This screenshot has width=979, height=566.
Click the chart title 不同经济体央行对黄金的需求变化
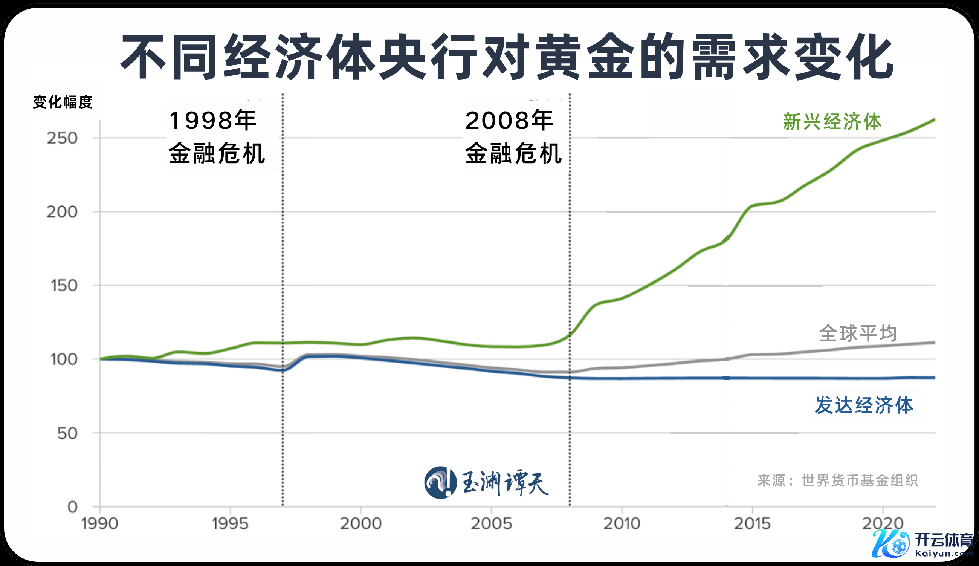pyautogui.click(x=507, y=57)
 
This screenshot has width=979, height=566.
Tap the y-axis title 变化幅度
pyautogui.click(x=63, y=102)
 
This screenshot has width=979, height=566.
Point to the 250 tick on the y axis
pyautogui.click(x=62, y=138)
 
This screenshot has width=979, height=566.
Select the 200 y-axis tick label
pyautogui.click(x=62, y=212)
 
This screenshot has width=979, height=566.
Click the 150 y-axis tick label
pyautogui.click(x=64, y=286)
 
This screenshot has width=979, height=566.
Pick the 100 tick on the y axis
pyautogui.click(x=64, y=359)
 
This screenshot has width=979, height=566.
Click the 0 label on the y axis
pyautogui.click(x=73, y=507)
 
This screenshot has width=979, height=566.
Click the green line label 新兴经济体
pyautogui.click(x=832, y=122)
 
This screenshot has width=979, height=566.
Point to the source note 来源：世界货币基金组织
pyautogui.click(x=838, y=481)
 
